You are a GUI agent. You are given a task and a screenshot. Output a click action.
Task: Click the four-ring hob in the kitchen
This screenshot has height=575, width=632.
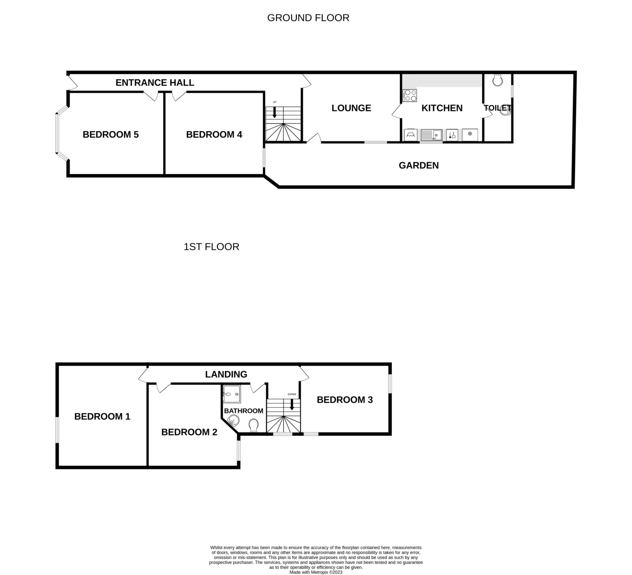[410, 95]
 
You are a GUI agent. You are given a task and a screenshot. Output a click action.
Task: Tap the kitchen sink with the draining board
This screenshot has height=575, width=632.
[431, 135]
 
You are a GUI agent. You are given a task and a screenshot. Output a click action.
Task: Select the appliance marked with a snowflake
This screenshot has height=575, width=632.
[470, 135]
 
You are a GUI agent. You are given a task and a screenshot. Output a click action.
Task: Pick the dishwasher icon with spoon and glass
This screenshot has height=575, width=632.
[452, 135]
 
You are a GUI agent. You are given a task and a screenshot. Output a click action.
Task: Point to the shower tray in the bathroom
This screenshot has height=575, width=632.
[232, 394]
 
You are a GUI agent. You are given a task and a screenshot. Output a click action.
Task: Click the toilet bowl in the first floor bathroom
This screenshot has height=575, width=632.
[253, 425]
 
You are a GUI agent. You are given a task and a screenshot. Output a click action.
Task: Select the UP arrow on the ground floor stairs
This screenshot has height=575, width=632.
[274, 112]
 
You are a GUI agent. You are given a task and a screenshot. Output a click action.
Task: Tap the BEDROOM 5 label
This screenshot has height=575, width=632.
[111, 135]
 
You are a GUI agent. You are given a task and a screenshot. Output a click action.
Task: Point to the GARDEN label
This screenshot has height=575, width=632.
[419, 165]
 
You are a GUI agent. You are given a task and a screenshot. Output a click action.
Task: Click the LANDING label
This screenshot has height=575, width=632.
[226, 374]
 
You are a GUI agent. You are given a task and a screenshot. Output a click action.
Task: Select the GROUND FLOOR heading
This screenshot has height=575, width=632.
[308, 18]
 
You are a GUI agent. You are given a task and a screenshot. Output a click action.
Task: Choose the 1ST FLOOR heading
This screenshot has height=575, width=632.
[211, 247]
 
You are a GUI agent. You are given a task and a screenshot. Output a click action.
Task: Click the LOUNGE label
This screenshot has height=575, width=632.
[351, 108]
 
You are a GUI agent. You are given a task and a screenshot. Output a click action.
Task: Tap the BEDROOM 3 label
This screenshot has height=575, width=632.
[345, 400]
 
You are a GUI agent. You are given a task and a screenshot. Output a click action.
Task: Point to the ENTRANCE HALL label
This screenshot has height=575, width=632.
[155, 83]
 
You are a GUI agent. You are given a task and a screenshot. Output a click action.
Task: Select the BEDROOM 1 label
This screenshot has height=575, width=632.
[102, 417]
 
